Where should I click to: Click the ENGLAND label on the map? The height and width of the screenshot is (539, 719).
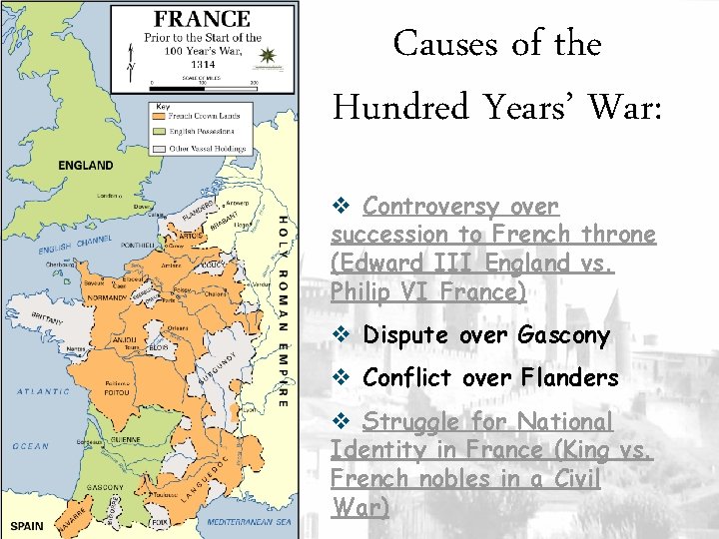coord(86,165)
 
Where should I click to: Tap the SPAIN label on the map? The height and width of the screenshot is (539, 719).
coord(27,526)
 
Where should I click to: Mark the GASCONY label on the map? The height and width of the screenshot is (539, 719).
coord(106,487)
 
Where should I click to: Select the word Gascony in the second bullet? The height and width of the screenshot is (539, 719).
coord(563,335)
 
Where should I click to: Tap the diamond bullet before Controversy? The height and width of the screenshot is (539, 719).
coord(339,208)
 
